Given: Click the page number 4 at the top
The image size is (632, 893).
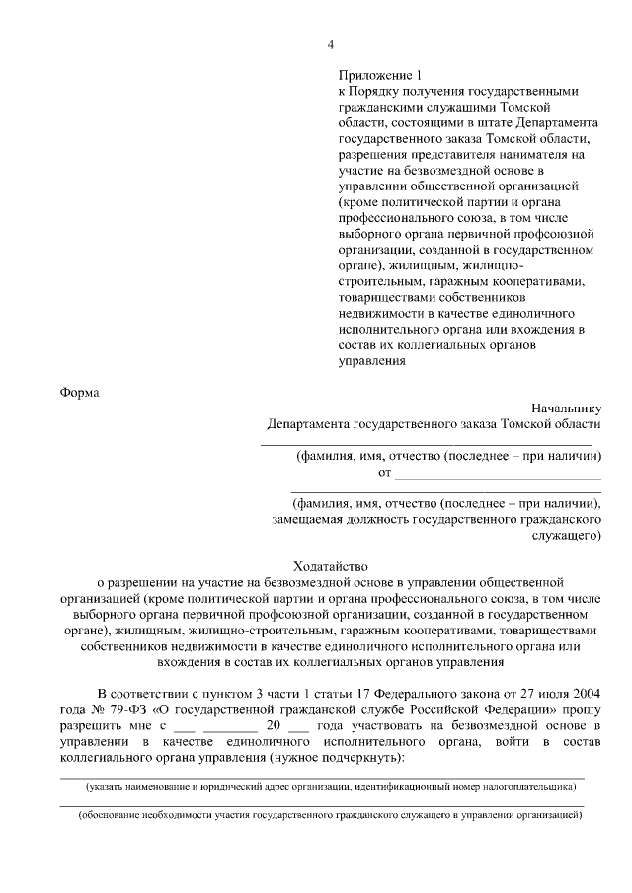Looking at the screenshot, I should pos(332,44).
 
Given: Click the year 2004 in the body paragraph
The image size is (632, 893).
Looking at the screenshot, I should pos(583,696).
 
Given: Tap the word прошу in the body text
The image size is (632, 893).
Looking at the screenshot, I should pos(582,711).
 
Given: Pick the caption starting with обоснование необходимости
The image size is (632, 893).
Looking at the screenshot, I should pos(331,818).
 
